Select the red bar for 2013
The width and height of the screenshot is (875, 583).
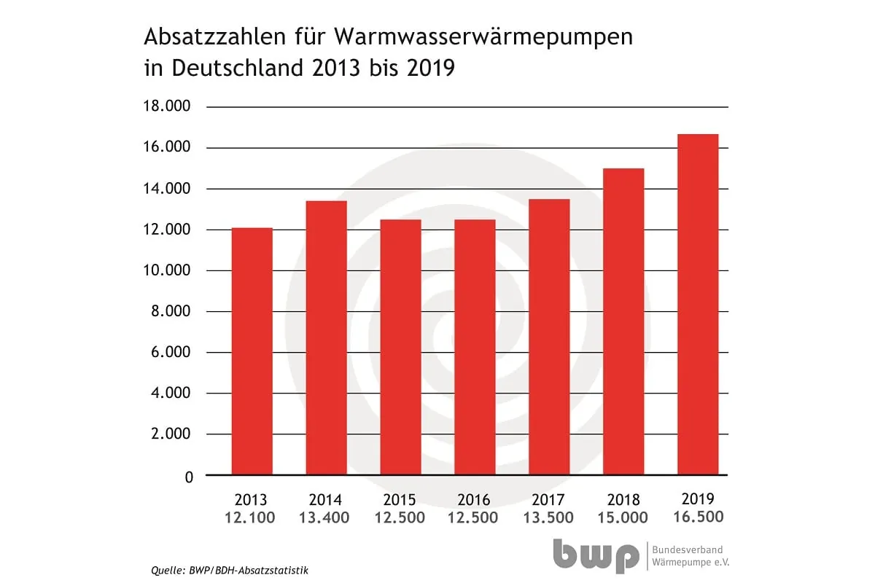pos(252,351)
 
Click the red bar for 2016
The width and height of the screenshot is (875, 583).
pos(475,347)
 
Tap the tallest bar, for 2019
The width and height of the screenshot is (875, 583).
pos(698,305)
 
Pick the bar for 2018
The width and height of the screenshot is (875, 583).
pos(623,321)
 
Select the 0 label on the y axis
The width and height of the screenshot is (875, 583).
pos(189,477)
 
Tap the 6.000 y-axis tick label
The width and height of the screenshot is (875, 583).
pos(167,352)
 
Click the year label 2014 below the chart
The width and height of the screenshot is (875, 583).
pos(325,501)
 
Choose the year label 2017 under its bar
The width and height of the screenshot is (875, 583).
pos(548,501)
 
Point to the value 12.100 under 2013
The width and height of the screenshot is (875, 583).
pos(251,518)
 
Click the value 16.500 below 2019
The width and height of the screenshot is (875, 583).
pos(698,517)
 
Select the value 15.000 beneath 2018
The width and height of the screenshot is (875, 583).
pos(623,518)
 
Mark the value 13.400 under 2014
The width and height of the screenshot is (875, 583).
pos(324,518)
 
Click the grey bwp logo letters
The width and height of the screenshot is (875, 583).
pos(595,556)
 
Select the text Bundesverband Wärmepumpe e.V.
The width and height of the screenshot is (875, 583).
pos(688,556)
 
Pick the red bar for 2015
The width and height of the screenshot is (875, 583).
pos(400,347)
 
